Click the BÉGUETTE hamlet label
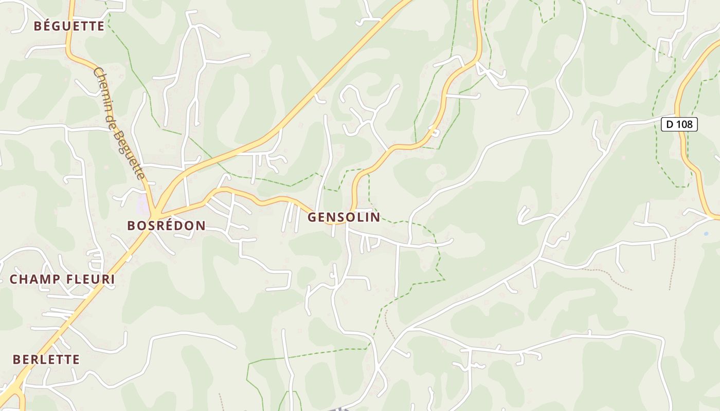[69, 26]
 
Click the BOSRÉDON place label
[166, 225]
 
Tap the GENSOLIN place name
[344, 217]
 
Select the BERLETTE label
[46, 359]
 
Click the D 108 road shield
[679, 124]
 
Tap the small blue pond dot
[706, 234]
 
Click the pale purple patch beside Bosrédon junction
[142, 207]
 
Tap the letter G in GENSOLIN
[312, 217]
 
